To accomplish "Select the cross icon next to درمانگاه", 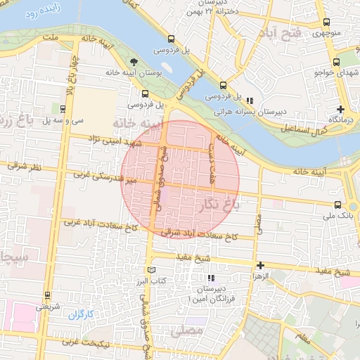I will coord(341,109).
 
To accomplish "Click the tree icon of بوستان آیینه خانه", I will coord(134,63).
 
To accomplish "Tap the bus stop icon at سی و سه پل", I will coord(63,109).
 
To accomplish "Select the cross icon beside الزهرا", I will coord(261,266).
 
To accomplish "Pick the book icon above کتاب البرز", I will coord(151,270).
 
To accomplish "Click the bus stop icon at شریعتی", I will coord(47,295).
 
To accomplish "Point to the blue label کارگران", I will coord(80,314).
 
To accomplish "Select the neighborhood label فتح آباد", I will coord(281,33).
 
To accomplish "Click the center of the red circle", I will coord(181,179).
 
